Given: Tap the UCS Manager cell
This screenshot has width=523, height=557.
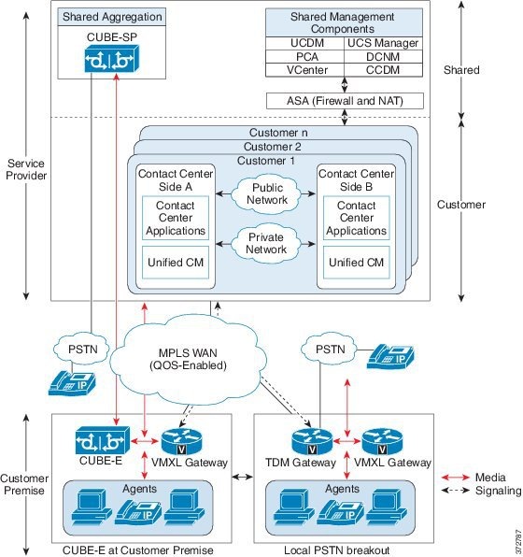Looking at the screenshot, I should coord(383,43).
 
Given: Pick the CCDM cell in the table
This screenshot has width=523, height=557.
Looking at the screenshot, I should coord(383,69).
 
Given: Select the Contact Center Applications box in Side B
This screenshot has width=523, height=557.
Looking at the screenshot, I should coord(356,218).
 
